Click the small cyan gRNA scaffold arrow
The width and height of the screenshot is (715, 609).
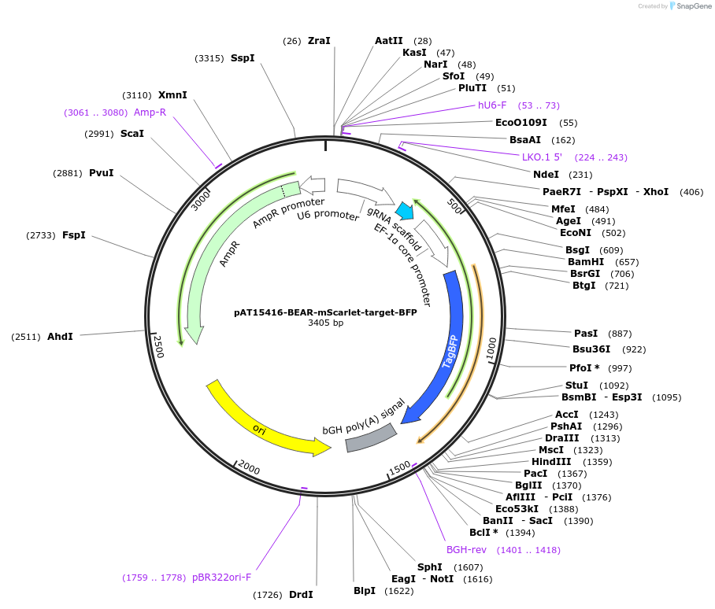405,210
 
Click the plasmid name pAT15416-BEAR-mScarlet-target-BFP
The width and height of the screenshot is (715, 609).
325,312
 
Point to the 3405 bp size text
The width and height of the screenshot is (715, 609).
325,323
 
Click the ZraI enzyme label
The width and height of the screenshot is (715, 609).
319,41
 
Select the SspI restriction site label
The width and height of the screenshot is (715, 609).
243,58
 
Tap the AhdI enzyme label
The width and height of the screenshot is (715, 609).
60,337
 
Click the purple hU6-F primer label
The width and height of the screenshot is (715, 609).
492,105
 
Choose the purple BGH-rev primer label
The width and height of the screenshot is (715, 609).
467,550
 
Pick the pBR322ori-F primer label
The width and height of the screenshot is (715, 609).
221,578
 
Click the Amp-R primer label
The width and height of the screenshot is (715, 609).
150,113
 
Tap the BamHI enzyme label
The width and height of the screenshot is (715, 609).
586,262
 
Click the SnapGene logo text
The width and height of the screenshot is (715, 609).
693,6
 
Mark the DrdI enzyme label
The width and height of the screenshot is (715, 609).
301,595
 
